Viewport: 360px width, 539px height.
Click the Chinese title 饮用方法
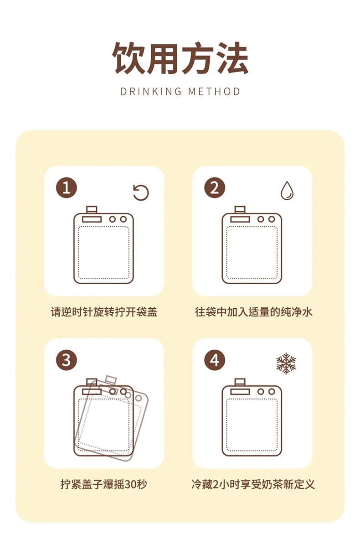pyautogui.click(x=180, y=58)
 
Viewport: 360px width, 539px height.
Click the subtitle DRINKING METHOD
pyautogui.click(x=180, y=92)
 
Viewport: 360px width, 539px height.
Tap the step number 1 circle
pyautogui.click(x=66, y=188)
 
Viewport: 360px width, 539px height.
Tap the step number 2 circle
pyautogui.click(x=215, y=188)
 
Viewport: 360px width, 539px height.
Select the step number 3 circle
pyautogui.click(x=66, y=360)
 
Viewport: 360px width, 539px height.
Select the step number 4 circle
pyautogui.click(x=215, y=360)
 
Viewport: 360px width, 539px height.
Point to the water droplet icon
pyautogui.click(x=287, y=191)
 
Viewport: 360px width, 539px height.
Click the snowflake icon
pyautogui.click(x=286, y=363)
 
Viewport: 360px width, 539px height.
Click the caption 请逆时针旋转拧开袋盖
pyautogui.click(x=104, y=312)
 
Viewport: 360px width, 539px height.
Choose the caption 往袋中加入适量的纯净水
pyautogui.click(x=253, y=312)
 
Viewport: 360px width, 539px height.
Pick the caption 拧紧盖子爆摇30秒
pyautogui.click(x=104, y=484)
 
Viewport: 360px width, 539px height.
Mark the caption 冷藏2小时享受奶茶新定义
pyautogui.click(x=253, y=484)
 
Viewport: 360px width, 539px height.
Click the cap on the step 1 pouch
pyautogui.click(x=92, y=210)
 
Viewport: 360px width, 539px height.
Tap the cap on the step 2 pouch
pyautogui.click(x=240, y=210)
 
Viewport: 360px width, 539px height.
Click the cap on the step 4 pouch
pyautogui.click(x=240, y=382)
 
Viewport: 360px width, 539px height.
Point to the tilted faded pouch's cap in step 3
pyautogui.click(x=111, y=379)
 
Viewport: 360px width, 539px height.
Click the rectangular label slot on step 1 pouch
pyautogui.click(x=92, y=219)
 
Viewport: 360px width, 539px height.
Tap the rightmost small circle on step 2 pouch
pyautogui.click(x=272, y=219)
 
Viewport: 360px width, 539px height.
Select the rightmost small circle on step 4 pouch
pyautogui.click(x=272, y=392)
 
